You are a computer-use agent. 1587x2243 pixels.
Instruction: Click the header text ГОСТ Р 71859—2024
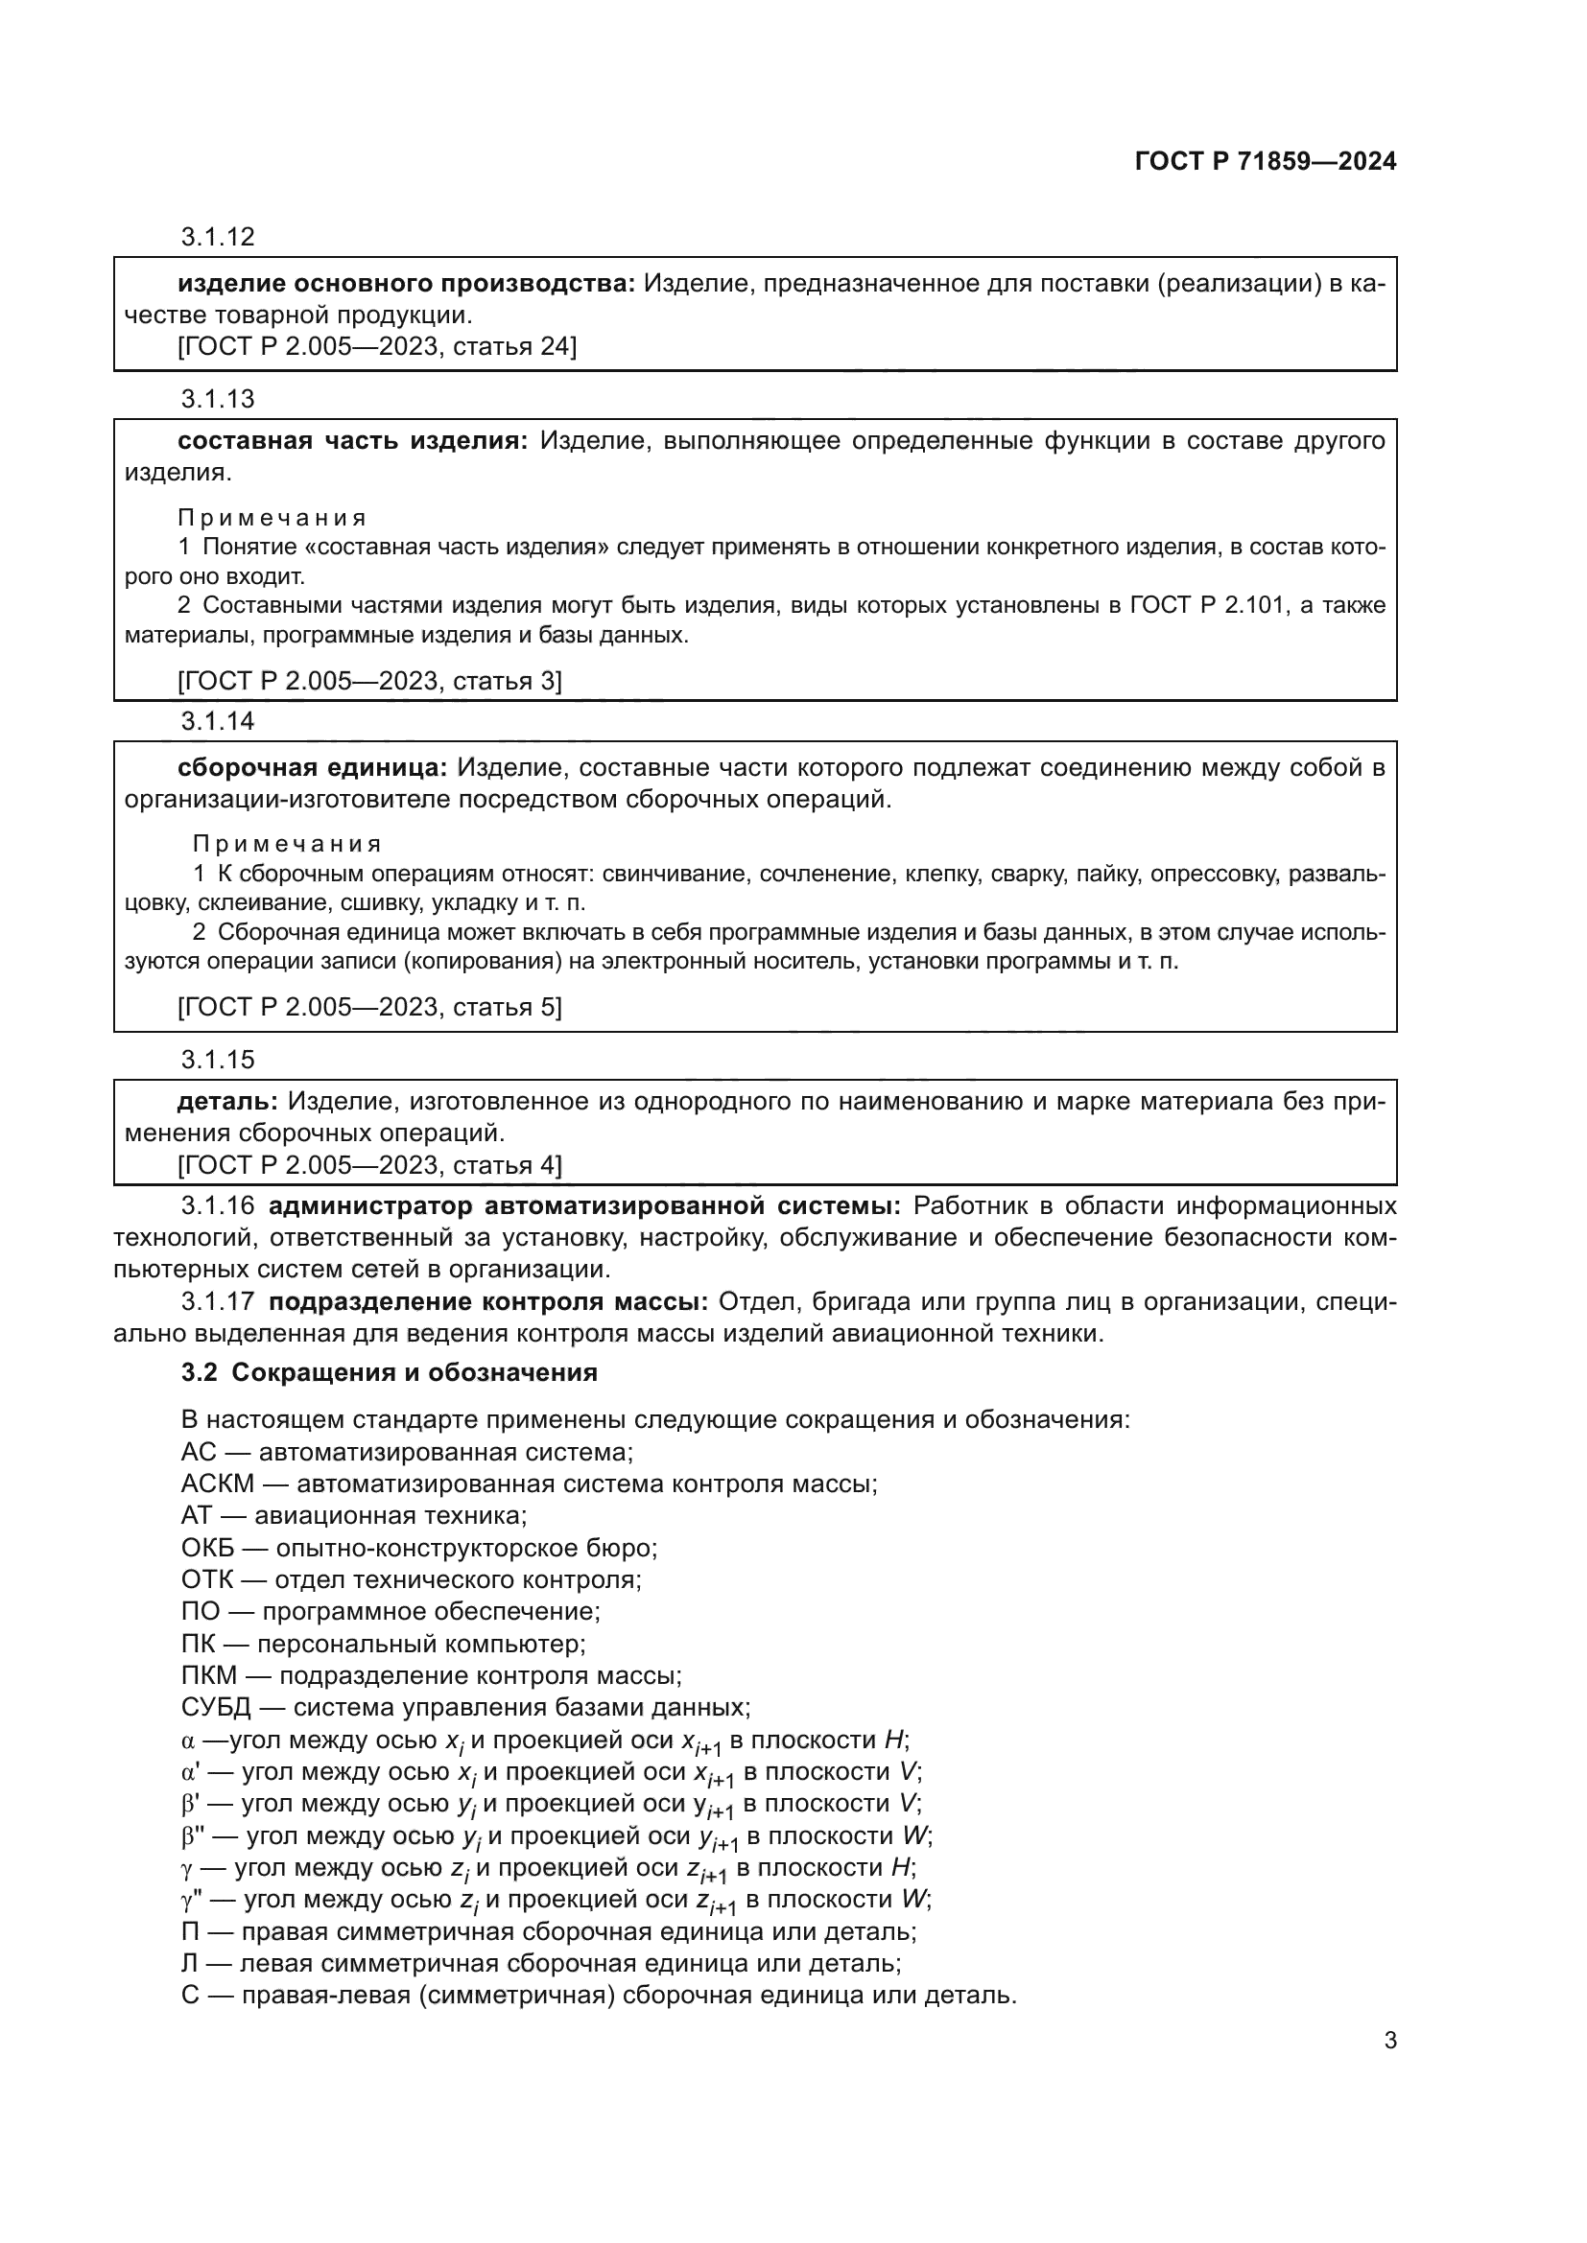pyautogui.click(x=1266, y=162)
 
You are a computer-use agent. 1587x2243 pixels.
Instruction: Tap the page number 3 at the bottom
pyautogui.click(x=1389, y=2041)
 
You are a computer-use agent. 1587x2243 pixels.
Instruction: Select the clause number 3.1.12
pyautogui.click(x=217, y=237)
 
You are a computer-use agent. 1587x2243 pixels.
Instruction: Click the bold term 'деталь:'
pyautogui.click(x=226, y=1102)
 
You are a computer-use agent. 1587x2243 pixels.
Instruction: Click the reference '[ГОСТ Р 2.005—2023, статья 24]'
pyautogui.click(x=377, y=347)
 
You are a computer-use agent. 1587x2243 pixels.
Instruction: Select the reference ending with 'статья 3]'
pyautogui.click(x=369, y=681)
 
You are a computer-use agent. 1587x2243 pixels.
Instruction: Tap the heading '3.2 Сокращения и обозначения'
pyautogui.click(x=389, y=1372)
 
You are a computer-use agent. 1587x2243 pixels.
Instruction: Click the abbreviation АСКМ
pyautogui.click(x=217, y=1484)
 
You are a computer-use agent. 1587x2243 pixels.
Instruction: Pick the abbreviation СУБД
pyautogui.click(x=216, y=1708)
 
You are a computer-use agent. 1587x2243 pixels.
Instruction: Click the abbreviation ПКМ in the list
pyautogui.click(x=209, y=1675)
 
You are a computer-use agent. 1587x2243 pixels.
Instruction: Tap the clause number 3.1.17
pyautogui.click(x=217, y=1302)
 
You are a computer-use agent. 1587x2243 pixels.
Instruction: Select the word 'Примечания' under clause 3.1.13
pyautogui.click(x=272, y=518)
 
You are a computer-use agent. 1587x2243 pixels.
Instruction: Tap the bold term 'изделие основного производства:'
pyautogui.click(x=406, y=284)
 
